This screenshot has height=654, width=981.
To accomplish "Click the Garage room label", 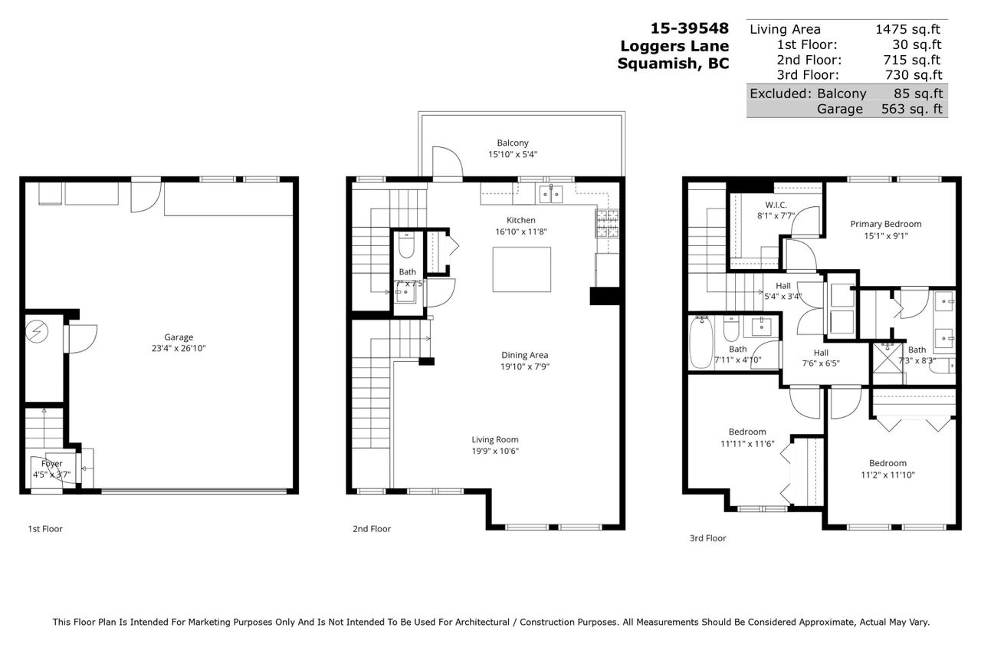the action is coord(179,337).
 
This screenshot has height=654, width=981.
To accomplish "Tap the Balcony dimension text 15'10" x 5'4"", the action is coord(513,154).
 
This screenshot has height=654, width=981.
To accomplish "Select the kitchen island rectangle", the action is coord(522,269).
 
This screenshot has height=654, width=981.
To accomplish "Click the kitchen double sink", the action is coord(550,193).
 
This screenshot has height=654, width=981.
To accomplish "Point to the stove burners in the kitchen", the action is coord(607,223).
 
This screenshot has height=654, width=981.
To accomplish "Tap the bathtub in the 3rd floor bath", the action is coord(701,342).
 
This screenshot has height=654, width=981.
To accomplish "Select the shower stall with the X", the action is coord(887,357).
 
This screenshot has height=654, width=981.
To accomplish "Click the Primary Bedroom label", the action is coord(885,224).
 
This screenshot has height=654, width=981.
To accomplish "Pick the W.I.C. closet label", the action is coord(776,205).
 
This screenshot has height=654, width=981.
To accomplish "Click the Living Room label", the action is coord(495,439).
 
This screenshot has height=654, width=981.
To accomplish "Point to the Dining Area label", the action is coord(525,355).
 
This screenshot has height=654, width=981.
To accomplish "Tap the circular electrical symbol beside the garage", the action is coord(37,331).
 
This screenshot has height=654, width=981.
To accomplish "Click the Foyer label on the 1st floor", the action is coord(51,463).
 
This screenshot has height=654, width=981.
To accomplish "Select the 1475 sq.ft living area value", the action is coord(907,29).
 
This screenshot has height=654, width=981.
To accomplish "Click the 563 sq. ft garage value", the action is coord(912,109).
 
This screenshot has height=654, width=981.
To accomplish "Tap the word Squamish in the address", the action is coord(654,64).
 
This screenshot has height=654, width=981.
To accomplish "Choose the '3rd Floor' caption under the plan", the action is coord(707,538).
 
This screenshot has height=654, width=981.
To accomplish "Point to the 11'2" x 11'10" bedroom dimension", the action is coord(887,475).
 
